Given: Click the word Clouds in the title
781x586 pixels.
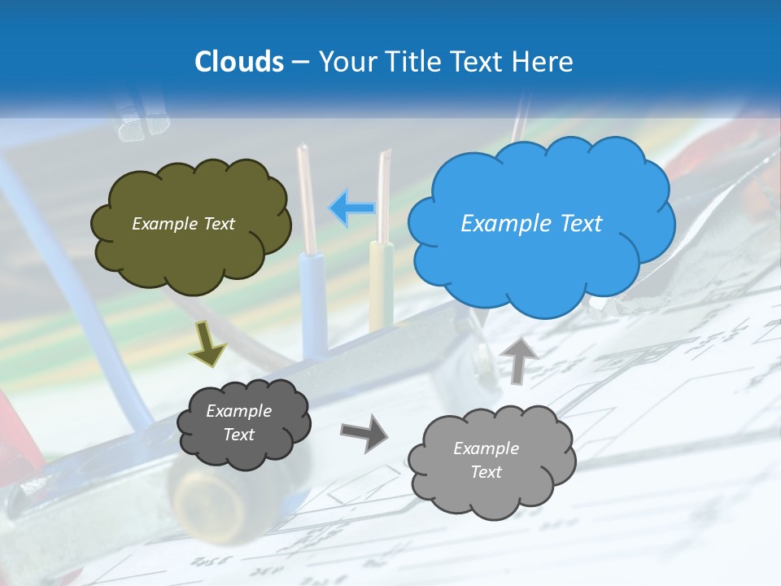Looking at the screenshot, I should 238,62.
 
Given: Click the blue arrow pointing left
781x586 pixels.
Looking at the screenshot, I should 351,208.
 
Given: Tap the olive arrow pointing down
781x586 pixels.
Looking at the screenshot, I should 207,343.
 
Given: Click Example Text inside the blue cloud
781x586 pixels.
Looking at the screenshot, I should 531,224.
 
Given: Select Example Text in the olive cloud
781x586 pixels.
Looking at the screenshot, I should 183,224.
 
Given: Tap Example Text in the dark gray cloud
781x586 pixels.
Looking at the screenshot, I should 238,422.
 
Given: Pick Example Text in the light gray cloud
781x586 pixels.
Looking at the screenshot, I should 486,460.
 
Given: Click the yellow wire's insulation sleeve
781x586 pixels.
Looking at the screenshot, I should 381,285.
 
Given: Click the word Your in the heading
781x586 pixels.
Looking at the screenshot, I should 343,62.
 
